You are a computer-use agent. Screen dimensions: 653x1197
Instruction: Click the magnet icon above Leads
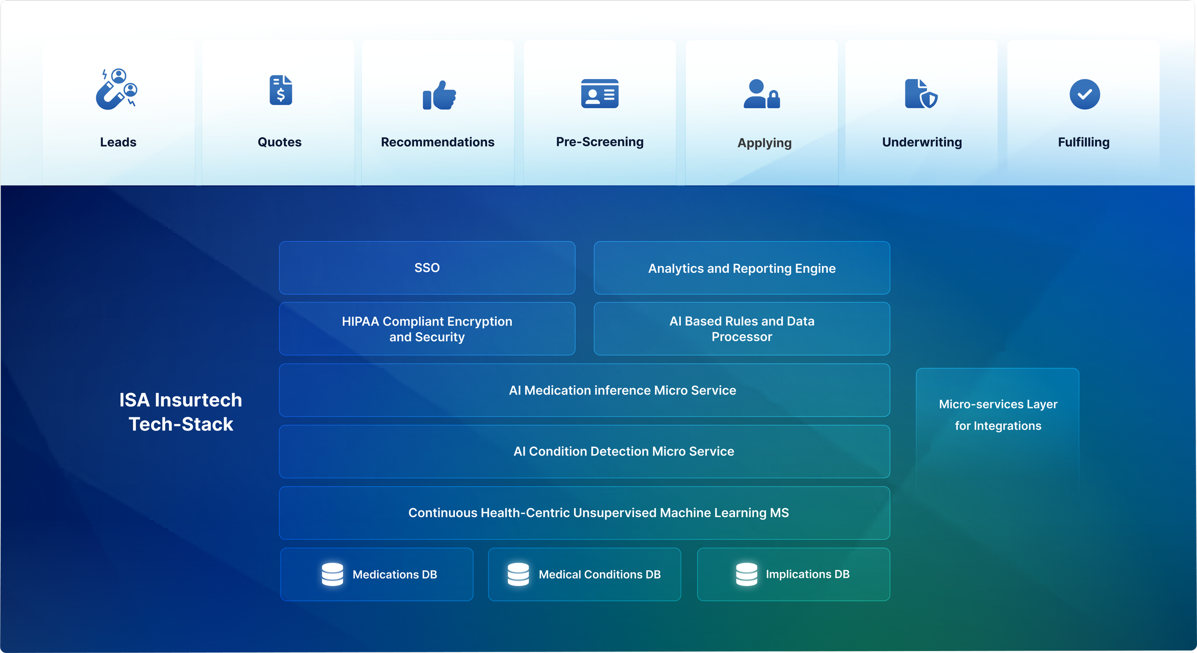(x=116, y=90)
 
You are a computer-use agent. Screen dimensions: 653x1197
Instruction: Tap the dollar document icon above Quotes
(x=281, y=90)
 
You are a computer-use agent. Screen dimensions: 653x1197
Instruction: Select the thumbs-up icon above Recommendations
(x=439, y=95)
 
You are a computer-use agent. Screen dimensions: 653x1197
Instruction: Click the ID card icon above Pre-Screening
(x=599, y=93)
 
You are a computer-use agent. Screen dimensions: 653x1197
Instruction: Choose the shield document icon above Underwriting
(x=921, y=94)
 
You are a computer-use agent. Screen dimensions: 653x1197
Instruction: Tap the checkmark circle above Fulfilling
(x=1084, y=94)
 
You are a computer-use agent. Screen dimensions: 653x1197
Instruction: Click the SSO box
(x=427, y=268)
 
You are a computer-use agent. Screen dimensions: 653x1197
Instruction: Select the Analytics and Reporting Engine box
(x=742, y=268)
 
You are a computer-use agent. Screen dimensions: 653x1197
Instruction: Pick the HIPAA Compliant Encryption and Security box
(x=427, y=329)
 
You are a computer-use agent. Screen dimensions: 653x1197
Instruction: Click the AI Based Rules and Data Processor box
(x=742, y=329)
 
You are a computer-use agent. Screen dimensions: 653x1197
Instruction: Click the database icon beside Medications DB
(x=332, y=574)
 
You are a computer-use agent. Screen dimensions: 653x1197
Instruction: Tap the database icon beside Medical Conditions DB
(x=518, y=574)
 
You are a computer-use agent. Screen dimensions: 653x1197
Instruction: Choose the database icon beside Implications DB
(x=746, y=574)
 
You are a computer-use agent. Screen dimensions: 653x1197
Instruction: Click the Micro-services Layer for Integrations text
(x=998, y=415)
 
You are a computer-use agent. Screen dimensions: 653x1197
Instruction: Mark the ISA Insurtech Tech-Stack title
(x=181, y=412)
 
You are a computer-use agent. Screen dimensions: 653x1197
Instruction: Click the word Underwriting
(x=922, y=142)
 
